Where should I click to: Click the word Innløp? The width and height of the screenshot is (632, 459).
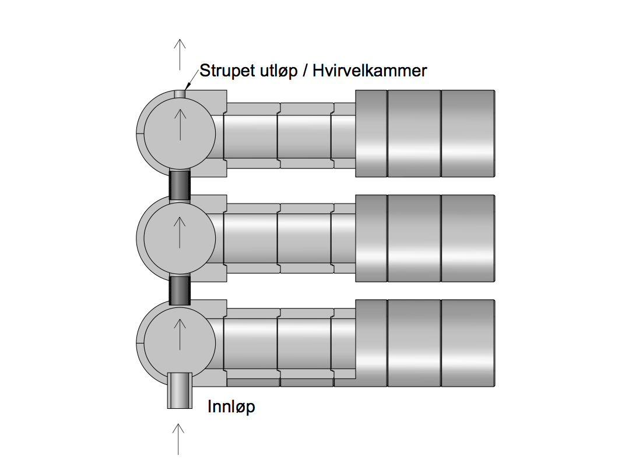pyautogui.click(x=231, y=406)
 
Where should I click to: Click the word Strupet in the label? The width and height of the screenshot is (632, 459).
pyautogui.click(x=227, y=71)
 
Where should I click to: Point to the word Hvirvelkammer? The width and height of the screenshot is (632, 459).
pyautogui.click(x=370, y=71)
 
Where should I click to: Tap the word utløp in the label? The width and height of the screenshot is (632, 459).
pyautogui.click(x=279, y=71)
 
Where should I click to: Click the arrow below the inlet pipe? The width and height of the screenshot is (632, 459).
pyautogui.click(x=178, y=439)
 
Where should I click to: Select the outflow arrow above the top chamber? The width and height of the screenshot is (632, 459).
pyautogui.click(x=180, y=54)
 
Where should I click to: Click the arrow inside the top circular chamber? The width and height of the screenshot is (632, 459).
pyautogui.click(x=180, y=125)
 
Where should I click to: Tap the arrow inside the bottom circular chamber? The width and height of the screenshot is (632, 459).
pyautogui.click(x=180, y=334)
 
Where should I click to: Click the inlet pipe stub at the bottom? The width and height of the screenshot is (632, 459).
pyautogui.click(x=180, y=390)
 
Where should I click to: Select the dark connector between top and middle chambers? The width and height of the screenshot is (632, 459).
pyautogui.click(x=180, y=185)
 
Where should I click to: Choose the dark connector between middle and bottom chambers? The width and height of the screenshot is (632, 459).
pyautogui.click(x=180, y=290)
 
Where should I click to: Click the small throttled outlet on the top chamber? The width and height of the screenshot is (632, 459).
pyautogui.click(x=180, y=93)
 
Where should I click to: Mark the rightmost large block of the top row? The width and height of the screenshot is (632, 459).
pyautogui.click(x=468, y=134)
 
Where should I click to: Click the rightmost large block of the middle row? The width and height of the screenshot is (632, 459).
pyautogui.click(x=468, y=239)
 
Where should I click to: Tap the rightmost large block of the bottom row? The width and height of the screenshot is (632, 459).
pyautogui.click(x=468, y=344)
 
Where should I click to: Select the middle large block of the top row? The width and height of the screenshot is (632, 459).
pyautogui.click(x=415, y=134)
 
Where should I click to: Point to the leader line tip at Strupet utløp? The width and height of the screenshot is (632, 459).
pyautogui.click(x=185, y=89)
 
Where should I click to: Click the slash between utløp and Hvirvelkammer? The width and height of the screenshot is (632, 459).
pyautogui.click(x=305, y=71)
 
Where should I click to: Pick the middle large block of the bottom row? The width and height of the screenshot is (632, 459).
pyautogui.click(x=415, y=344)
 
